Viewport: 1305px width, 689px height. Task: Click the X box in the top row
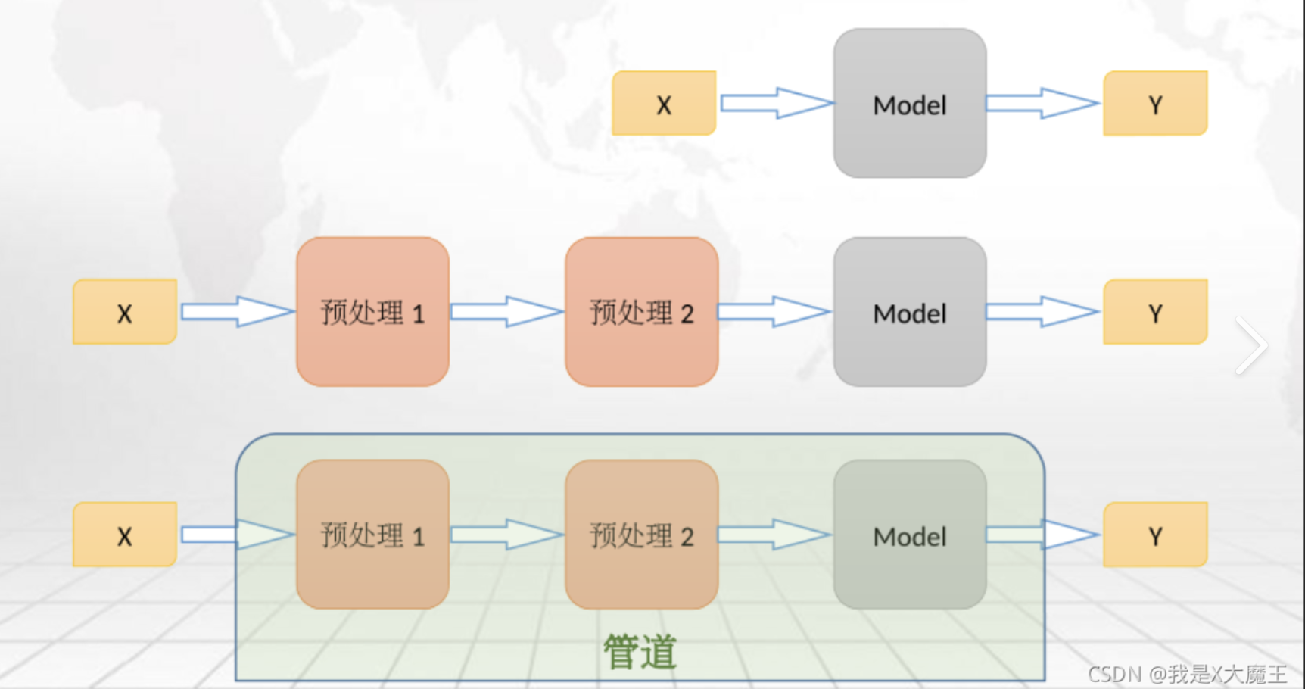(x=664, y=104)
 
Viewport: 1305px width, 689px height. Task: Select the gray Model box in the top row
(x=910, y=104)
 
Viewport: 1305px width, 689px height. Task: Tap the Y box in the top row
(x=1155, y=104)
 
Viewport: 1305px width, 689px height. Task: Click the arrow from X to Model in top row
(x=775, y=103)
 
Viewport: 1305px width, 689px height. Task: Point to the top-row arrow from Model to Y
(x=1042, y=103)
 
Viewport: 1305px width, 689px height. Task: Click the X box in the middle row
(x=125, y=312)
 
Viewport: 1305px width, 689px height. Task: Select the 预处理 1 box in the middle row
(x=372, y=312)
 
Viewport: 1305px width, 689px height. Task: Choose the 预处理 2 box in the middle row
(x=641, y=312)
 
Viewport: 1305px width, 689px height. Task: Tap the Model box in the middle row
(x=910, y=312)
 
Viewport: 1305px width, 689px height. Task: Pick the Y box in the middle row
(x=1155, y=312)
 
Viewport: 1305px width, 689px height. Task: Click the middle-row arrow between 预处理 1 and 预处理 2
(x=506, y=311)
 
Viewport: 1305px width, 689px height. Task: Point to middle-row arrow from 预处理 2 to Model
(x=774, y=311)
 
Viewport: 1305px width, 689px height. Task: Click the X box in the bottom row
(x=125, y=535)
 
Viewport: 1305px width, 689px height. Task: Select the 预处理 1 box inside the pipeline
(x=372, y=535)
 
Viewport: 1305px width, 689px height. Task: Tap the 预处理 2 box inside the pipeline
(x=641, y=535)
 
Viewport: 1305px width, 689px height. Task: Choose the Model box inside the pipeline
(x=910, y=535)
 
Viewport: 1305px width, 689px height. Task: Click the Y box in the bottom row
(x=1155, y=535)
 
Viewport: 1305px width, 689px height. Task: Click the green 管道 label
(x=640, y=651)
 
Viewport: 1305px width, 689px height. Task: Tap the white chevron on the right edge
(x=1251, y=345)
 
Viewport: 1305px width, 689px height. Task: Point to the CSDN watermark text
(x=1187, y=673)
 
